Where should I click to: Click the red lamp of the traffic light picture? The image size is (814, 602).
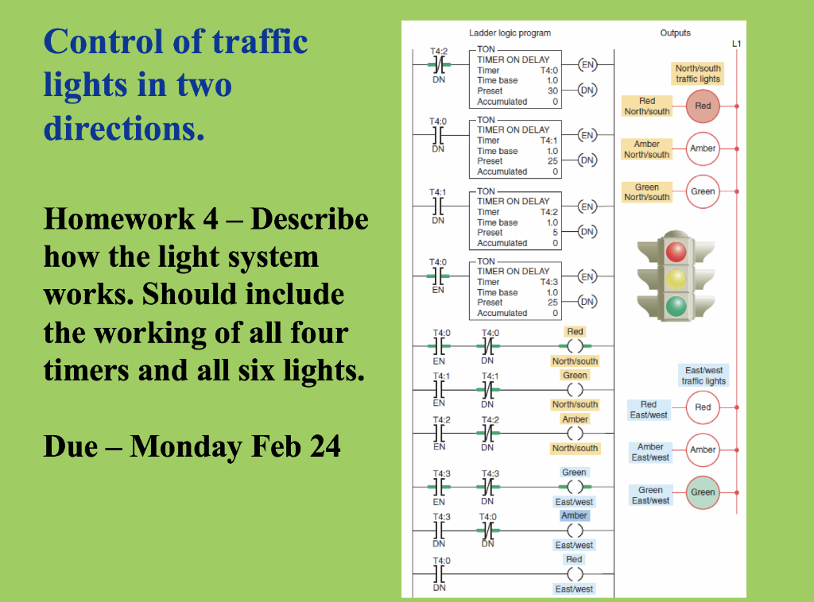(x=676, y=252)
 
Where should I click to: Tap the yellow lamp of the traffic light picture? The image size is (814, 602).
(x=676, y=278)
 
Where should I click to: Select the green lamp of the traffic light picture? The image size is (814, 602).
(x=676, y=305)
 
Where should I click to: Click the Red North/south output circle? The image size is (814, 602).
(x=703, y=106)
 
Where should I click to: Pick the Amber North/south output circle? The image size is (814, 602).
(x=703, y=149)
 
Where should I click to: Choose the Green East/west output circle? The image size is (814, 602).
(x=703, y=492)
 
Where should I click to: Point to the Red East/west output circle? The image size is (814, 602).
(x=703, y=407)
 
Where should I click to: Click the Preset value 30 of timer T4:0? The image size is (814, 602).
(x=552, y=91)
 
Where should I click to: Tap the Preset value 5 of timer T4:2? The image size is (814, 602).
(x=555, y=233)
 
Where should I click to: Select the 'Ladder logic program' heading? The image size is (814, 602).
(x=510, y=33)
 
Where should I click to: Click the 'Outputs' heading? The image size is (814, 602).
(x=675, y=33)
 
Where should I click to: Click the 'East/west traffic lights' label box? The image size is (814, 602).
(x=704, y=376)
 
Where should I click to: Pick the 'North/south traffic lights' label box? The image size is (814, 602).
(x=698, y=74)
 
